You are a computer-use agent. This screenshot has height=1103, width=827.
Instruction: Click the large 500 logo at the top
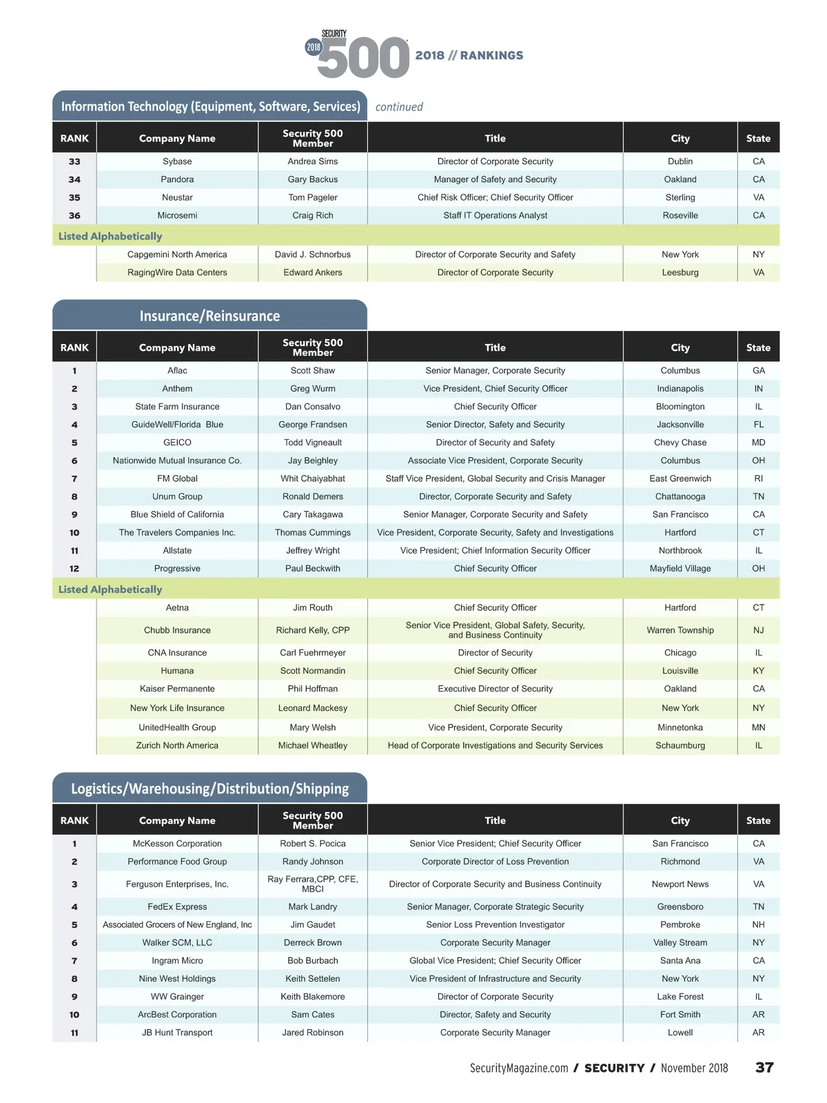tap(363, 57)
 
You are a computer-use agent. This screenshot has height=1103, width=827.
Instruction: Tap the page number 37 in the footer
tap(764, 1067)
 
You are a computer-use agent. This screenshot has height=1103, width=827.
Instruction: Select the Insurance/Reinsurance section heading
tap(210, 316)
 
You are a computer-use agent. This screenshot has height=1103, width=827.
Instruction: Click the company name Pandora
tap(177, 179)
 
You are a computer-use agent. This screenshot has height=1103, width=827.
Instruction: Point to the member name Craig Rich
tap(312, 215)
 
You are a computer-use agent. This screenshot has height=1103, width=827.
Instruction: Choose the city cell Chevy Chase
tap(680, 443)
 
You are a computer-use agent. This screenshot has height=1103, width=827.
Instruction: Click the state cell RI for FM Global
tap(758, 478)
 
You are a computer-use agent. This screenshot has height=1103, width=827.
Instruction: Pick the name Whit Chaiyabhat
tap(312, 478)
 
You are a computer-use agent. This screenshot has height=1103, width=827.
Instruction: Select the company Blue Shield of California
tap(177, 514)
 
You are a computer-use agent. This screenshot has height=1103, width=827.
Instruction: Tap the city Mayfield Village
tap(680, 568)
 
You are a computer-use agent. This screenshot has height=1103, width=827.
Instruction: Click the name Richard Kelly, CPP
tap(312, 630)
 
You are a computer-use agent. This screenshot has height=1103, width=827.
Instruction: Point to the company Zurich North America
tap(177, 745)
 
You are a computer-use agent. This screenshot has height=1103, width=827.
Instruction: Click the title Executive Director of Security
tap(495, 689)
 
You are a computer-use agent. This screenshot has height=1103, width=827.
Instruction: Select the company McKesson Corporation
tap(177, 843)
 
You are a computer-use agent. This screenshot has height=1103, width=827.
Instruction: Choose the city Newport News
tap(680, 884)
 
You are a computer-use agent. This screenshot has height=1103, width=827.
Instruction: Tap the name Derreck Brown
tap(312, 942)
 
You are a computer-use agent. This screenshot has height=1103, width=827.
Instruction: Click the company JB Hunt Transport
tap(177, 1032)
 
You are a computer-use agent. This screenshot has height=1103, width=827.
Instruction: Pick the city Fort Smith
tap(680, 1014)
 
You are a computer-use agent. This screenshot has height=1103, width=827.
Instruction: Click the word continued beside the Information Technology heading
tap(399, 107)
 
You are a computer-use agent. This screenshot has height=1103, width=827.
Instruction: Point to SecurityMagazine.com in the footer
tap(519, 1068)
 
